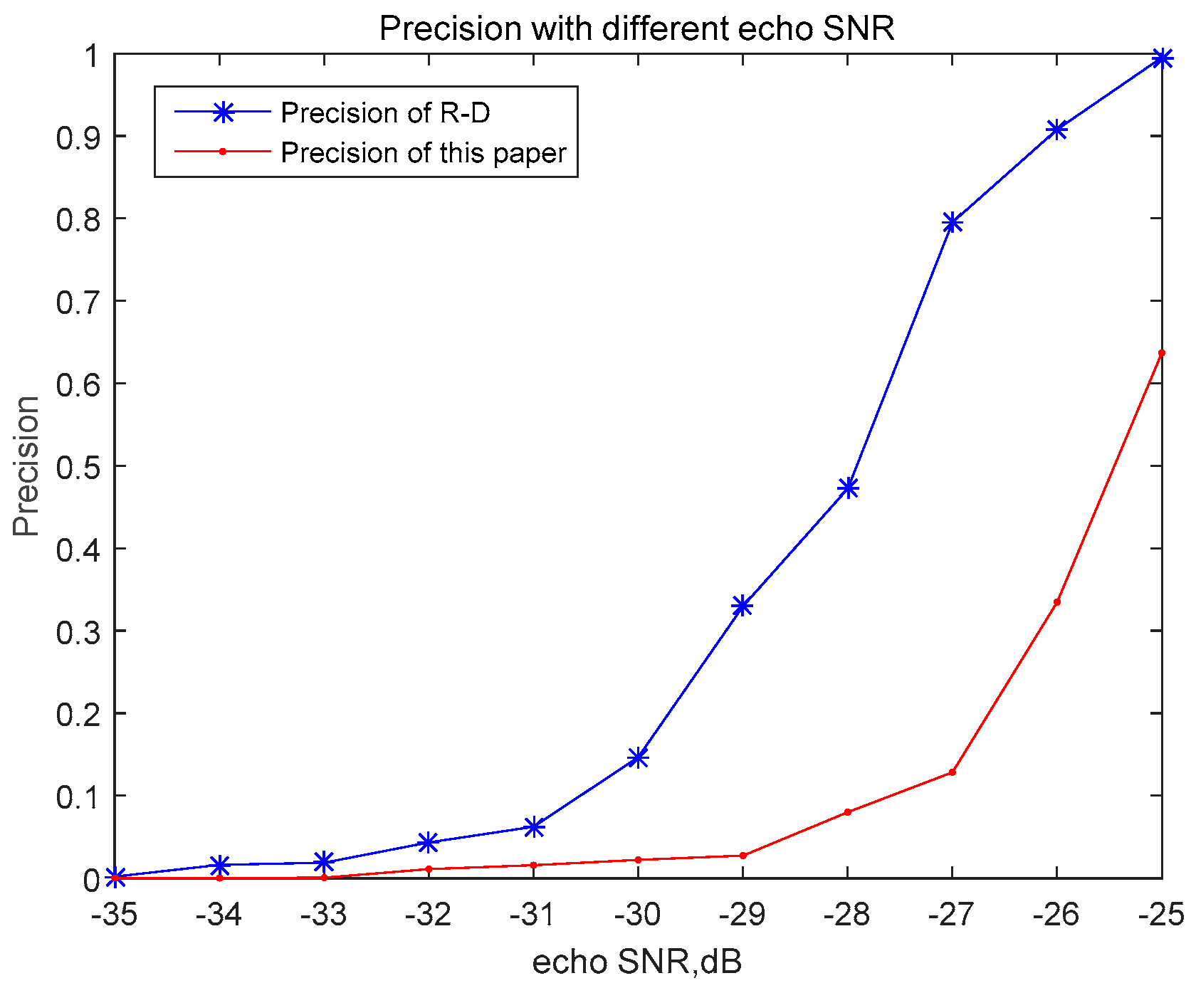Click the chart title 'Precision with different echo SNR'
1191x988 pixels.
point(636,28)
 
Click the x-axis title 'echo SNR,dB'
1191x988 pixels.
point(637,962)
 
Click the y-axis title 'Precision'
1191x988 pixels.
point(26,466)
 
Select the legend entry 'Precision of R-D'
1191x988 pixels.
point(385,112)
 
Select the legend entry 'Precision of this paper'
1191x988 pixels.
point(424,152)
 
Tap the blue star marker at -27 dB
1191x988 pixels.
point(952,224)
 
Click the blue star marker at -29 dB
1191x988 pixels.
point(743,606)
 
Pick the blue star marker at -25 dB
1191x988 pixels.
point(1161,58)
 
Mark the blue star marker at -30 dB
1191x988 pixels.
point(638,757)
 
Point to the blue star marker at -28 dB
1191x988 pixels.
point(847,488)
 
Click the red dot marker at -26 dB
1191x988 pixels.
point(1056,602)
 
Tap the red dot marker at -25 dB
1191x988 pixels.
point(1161,353)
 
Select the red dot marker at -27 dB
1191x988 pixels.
point(952,772)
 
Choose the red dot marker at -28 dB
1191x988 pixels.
point(847,812)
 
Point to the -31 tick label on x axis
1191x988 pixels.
point(533,915)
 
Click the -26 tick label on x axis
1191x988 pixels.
point(1056,915)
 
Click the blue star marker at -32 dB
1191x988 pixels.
point(428,842)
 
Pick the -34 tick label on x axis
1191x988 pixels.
point(219,915)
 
